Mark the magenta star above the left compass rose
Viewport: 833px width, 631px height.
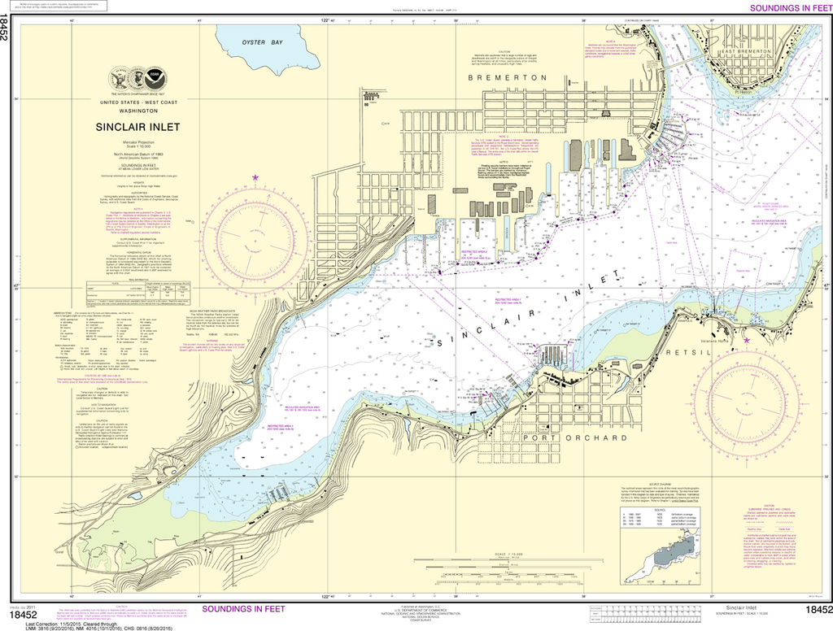[x=255, y=177]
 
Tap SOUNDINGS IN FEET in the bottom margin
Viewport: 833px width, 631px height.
[x=244, y=609]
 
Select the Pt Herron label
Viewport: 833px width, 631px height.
[x=739, y=93]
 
